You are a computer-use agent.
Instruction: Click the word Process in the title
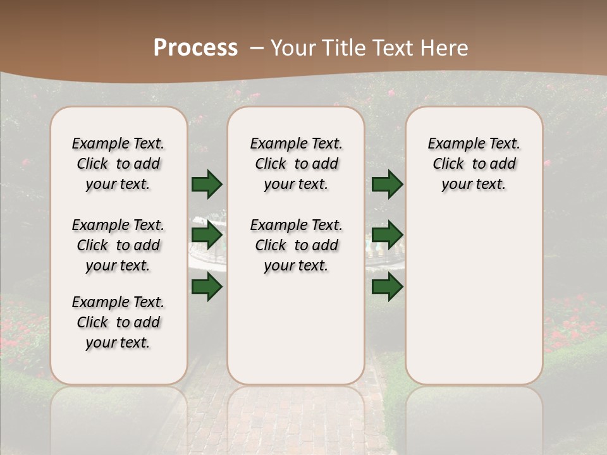tap(195, 47)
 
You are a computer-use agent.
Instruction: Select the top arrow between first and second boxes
tap(207, 185)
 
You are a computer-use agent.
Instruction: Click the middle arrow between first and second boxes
tap(207, 235)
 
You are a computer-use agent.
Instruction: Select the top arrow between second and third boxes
tap(387, 185)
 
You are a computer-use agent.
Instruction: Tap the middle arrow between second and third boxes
tap(387, 235)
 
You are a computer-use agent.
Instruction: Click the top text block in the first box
tap(118, 164)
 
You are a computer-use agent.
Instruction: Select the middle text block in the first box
tap(118, 245)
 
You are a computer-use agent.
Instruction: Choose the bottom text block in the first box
tap(118, 322)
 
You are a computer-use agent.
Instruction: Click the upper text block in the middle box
tap(296, 164)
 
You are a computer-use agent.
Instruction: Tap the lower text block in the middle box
tap(296, 245)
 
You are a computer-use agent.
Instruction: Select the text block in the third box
tap(474, 164)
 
